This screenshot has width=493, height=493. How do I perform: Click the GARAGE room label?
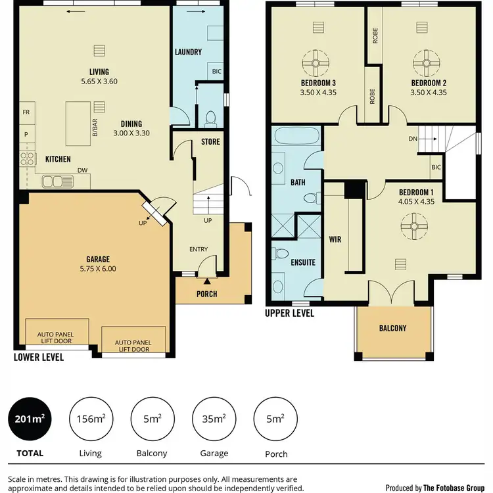click(x=97, y=259)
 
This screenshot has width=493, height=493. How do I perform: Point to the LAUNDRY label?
click(x=188, y=52)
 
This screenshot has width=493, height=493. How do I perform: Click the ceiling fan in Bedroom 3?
click(x=319, y=64)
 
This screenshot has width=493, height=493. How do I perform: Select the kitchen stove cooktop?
click(x=28, y=158)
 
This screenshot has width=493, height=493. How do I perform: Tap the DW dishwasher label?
click(x=82, y=169)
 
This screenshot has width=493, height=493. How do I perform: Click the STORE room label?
click(x=210, y=142)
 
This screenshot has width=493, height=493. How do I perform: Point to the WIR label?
click(x=335, y=240)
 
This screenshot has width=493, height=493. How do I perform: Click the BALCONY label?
click(x=393, y=328)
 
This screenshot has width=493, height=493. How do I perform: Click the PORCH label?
click(x=207, y=294)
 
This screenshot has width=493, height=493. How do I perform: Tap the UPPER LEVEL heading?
click(x=289, y=314)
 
